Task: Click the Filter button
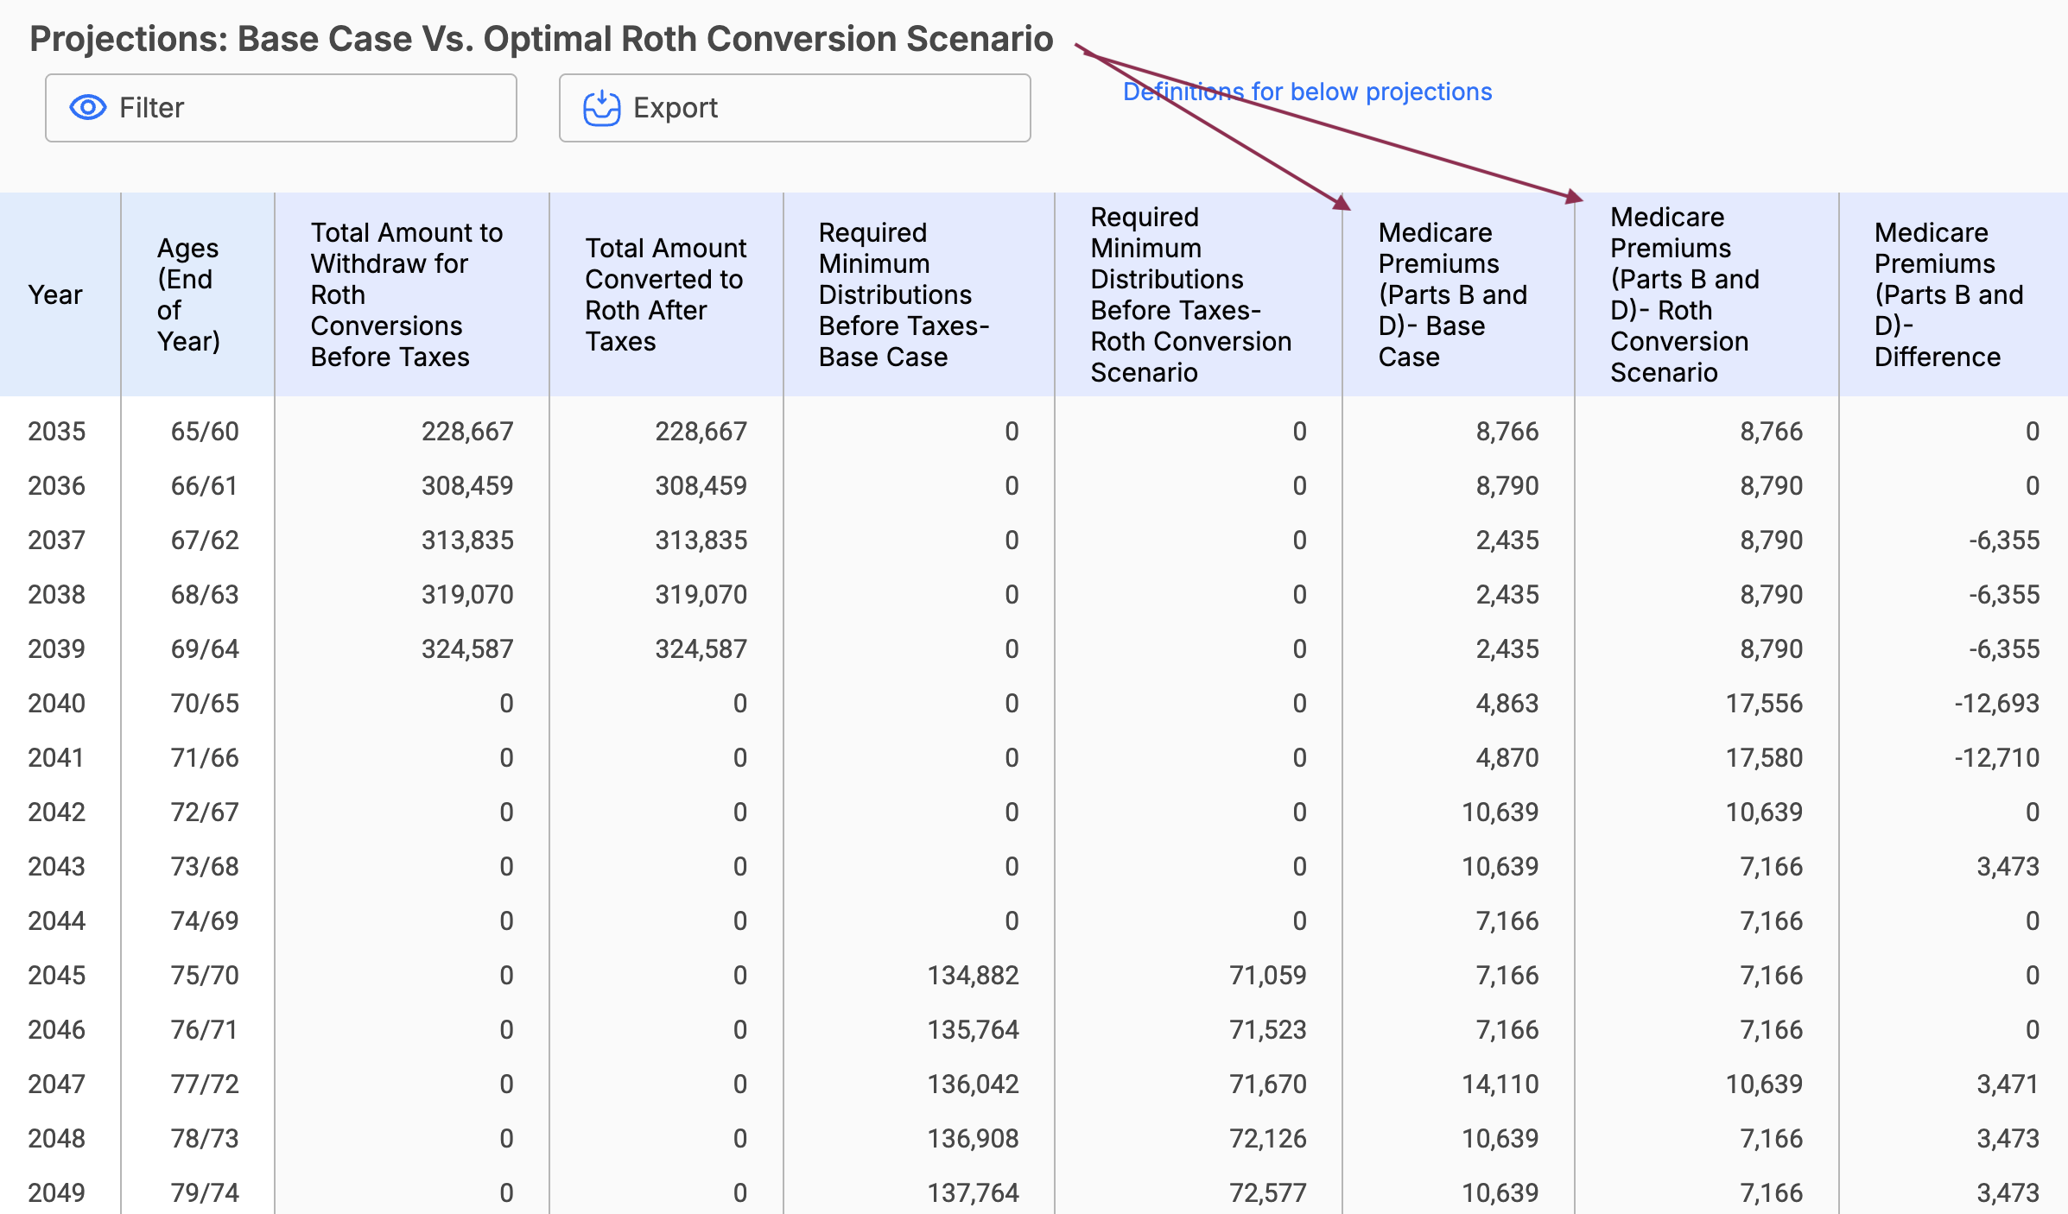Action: tap(281, 108)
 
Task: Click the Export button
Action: tap(794, 108)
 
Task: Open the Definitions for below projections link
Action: tap(1307, 92)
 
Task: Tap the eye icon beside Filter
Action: tap(88, 108)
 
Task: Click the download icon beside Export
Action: tap(601, 109)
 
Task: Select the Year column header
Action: tap(55, 295)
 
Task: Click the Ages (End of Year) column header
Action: tap(188, 295)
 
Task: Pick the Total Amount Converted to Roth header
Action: tap(665, 295)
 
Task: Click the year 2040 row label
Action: tap(57, 704)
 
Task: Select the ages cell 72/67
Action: tap(205, 812)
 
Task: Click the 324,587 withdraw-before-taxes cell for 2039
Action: tap(467, 649)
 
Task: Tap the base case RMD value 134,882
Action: tap(973, 976)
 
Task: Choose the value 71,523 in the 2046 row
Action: tap(1267, 1030)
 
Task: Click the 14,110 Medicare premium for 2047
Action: tap(1500, 1084)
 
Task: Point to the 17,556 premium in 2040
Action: tap(1764, 704)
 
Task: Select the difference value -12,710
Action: tap(1996, 758)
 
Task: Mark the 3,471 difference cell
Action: tap(2008, 1084)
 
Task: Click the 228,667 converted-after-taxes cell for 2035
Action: tap(701, 432)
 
